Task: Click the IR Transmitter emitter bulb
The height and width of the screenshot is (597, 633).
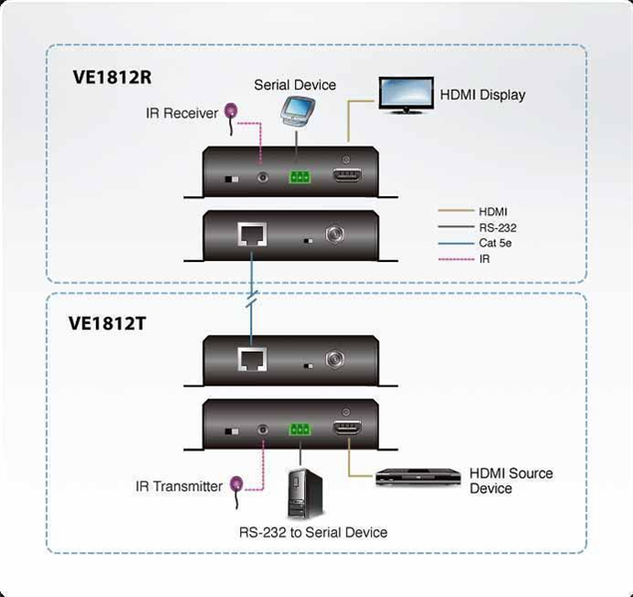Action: pyautogui.click(x=237, y=484)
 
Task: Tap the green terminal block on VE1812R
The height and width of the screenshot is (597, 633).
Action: pyautogui.click(x=299, y=177)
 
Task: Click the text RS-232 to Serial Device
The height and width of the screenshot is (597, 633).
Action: pyautogui.click(x=312, y=532)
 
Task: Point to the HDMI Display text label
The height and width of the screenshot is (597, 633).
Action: pyautogui.click(x=482, y=95)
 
